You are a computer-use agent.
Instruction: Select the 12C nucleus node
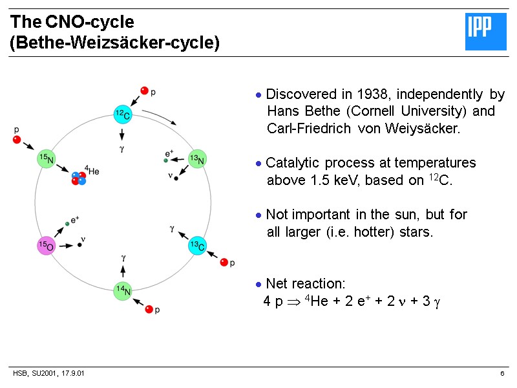pos(122,114)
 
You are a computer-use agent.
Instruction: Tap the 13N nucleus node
pos(197,159)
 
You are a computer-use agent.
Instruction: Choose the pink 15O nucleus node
pos(46,246)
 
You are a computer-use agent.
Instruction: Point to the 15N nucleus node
pos(47,159)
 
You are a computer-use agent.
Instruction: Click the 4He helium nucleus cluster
pos(79,178)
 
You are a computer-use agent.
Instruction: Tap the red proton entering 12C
pos(145,91)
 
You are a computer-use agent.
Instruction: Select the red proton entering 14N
pos(149,310)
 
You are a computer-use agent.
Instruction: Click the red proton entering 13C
pos(224,263)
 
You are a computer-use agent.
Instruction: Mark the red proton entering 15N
pos(17,140)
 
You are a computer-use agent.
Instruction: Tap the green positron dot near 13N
pos(166,160)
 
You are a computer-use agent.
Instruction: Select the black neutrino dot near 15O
pos(80,244)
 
